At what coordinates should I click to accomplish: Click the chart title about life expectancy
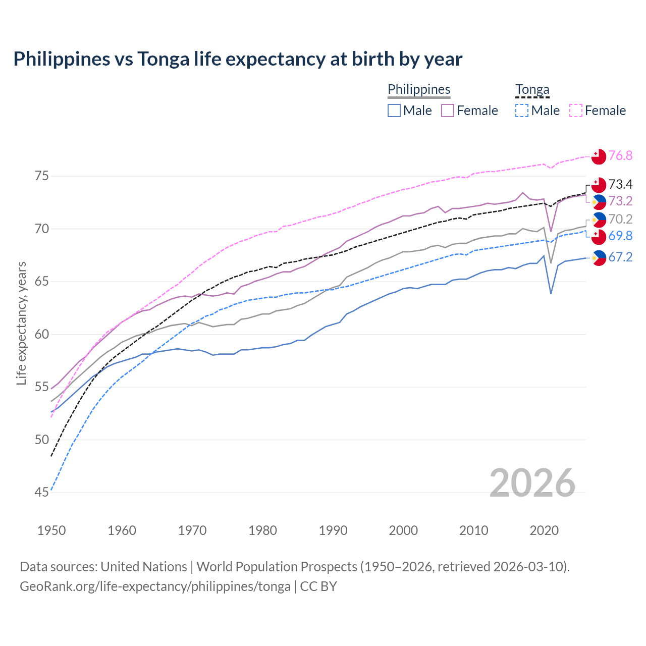point(238,59)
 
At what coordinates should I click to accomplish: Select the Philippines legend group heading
point(419,89)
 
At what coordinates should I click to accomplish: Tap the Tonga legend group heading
point(532,89)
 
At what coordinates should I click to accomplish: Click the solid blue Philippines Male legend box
point(394,111)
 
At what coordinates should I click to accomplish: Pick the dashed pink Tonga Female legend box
point(576,111)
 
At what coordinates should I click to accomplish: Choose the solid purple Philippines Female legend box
point(448,111)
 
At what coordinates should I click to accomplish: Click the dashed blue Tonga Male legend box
point(522,111)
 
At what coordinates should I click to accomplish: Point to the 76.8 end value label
point(620,155)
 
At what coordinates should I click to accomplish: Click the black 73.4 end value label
point(620,184)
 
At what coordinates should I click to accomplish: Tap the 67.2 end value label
point(620,257)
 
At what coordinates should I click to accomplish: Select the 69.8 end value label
point(620,236)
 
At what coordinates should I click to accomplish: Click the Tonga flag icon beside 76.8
point(599,156)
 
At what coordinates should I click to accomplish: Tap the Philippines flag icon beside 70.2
point(599,220)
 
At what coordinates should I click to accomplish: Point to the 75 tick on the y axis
point(42,176)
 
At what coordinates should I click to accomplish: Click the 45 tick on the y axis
point(42,493)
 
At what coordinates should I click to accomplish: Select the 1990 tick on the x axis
point(333,530)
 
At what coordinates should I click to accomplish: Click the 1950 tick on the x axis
point(51,530)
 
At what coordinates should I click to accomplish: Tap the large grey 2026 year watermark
point(532,483)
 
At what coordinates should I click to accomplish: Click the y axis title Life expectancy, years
point(22,323)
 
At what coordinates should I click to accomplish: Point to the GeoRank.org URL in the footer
point(155,586)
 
